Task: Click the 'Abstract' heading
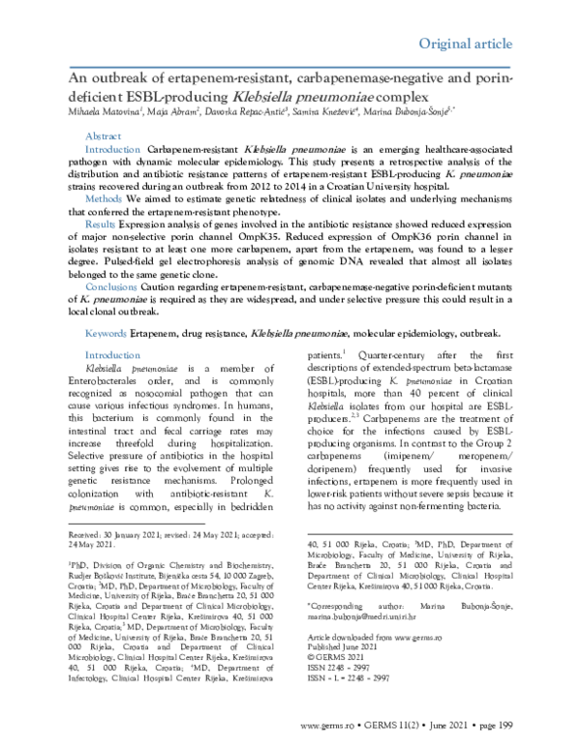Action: click(104, 138)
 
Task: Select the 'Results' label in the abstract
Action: click(102, 222)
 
